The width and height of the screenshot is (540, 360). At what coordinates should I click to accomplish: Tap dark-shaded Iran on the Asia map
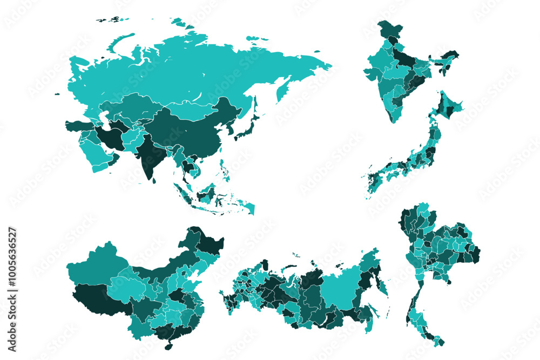coord(111,137)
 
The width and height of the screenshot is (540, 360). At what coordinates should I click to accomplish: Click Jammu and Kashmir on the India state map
coord(388,29)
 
